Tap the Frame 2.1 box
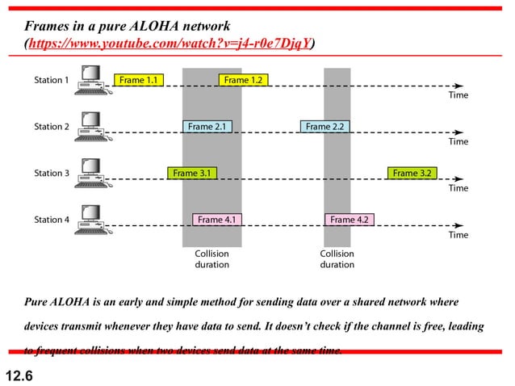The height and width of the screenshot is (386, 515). click(207, 127)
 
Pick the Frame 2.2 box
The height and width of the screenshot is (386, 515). click(325, 127)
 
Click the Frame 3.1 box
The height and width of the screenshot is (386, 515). click(191, 173)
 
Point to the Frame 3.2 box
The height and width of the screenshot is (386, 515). click(412, 173)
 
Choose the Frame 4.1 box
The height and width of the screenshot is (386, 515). click(216, 220)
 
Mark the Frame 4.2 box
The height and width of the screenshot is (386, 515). click(350, 220)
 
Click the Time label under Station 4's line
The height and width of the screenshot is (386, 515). click(458, 235)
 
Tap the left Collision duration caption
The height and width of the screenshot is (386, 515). click(212, 258)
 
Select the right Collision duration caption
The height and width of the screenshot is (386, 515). click(337, 258)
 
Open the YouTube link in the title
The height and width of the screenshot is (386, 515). click(170, 43)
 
